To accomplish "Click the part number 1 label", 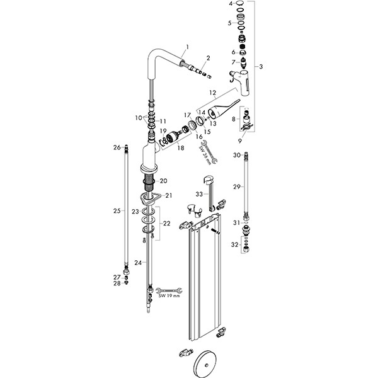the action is pyautogui.click(x=188, y=47).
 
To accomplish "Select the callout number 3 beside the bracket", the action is pyautogui.click(x=261, y=67).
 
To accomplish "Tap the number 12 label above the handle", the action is pyautogui.click(x=213, y=93).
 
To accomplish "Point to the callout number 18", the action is pyautogui.click(x=181, y=147).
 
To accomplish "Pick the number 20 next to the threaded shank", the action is pyautogui.click(x=163, y=181).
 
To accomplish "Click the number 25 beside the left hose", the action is pyautogui.click(x=117, y=211).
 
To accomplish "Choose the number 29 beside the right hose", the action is pyautogui.click(x=237, y=186).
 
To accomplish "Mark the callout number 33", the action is pyautogui.click(x=199, y=194).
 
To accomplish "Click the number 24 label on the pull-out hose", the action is pyautogui.click(x=138, y=263).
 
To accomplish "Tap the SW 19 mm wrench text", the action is pyautogui.click(x=169, y=296).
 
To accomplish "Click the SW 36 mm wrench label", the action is pyautogui.click(x=205, y=155).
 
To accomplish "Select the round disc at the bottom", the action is pyautogui.click(x=206, y=365).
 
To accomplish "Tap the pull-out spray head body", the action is pyautogui.click(x=243, y=82).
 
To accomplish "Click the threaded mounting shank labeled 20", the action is pyautogui.click(x=147, y=183).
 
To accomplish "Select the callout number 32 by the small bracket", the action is pyautogui.click(x=234, y=244).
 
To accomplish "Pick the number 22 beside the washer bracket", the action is pyautogui.click(x=166, y=224).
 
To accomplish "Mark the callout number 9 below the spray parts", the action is pyautogui.click(x=239, y=140).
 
